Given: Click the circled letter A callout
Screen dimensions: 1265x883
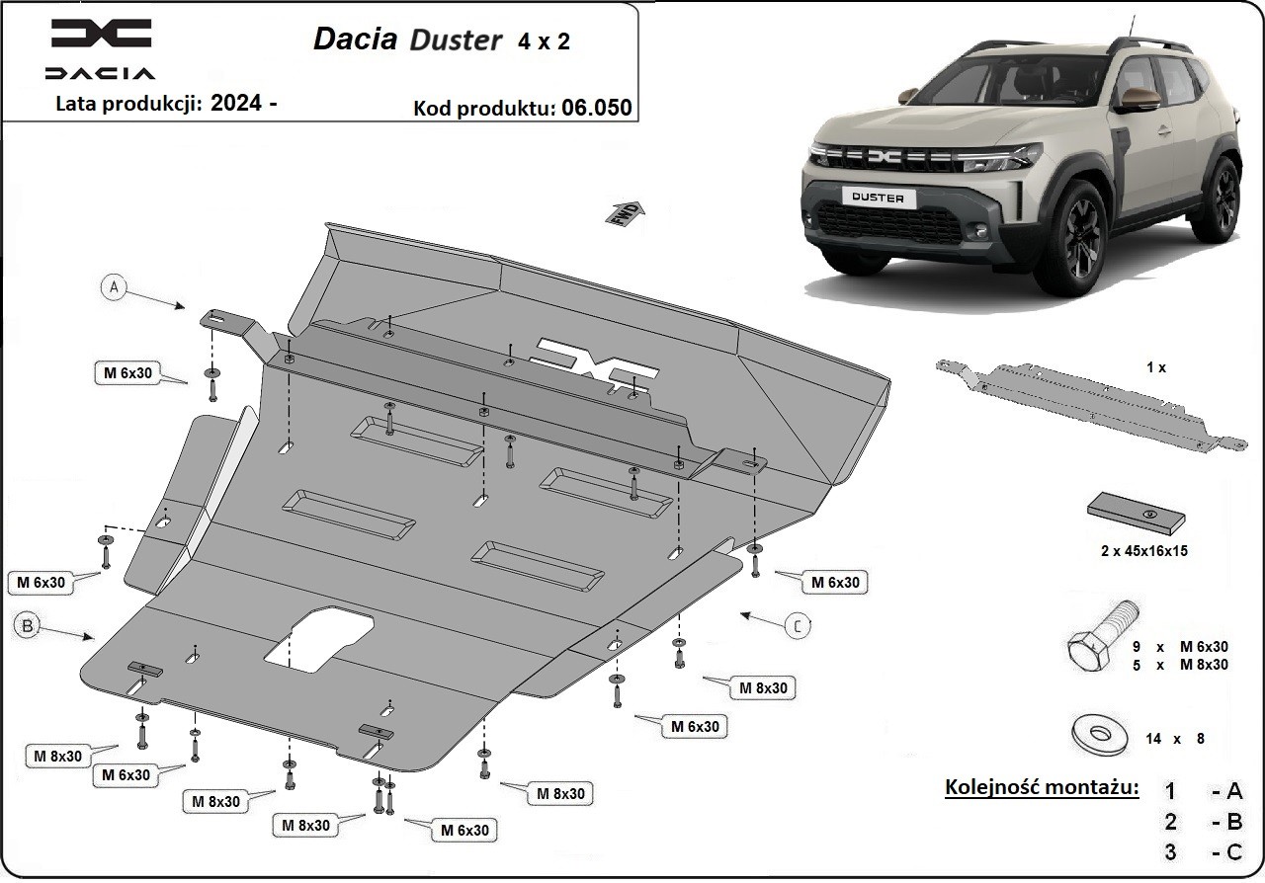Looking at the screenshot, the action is (114, 287).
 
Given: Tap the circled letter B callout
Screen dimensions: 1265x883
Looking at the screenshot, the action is (27, 625).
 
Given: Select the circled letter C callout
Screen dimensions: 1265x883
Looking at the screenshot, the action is (798, 626).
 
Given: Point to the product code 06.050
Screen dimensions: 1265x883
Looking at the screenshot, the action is (596, 108).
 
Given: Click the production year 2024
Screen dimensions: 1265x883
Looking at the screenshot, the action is (236, 103).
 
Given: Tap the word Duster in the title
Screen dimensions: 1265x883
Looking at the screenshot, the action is (456, 40).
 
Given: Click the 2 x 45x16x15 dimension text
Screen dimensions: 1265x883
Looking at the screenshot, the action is (1144, 550).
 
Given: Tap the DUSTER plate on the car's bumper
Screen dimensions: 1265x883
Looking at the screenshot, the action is (878, 198).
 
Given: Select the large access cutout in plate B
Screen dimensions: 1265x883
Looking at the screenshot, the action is (319, 639).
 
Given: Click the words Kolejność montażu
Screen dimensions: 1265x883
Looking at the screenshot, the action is (1042, 787).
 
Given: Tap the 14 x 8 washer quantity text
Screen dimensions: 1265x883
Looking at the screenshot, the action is (1175, 739).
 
